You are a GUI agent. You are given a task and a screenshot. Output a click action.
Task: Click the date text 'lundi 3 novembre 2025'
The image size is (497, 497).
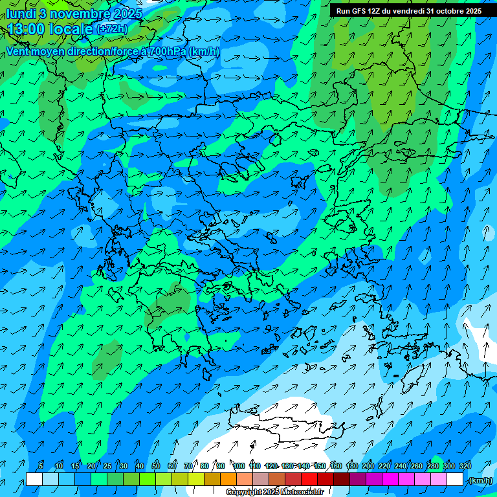74,13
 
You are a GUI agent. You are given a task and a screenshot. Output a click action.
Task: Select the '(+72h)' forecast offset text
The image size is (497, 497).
112,29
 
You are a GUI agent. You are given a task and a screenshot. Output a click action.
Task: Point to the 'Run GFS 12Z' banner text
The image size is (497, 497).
357,11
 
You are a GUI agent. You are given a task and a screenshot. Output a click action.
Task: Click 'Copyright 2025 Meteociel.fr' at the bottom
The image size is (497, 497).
275,492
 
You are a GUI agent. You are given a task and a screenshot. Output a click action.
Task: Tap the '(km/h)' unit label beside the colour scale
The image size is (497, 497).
480,480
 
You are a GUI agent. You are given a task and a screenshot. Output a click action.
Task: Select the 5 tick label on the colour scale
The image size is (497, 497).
42,466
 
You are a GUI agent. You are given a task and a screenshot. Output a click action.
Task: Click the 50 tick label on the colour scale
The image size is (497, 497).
156,466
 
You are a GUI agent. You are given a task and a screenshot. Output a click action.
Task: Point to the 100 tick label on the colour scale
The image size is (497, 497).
239,466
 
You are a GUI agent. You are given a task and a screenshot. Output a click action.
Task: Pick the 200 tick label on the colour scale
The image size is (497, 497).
368,466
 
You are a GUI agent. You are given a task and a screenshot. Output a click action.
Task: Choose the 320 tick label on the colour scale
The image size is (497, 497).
465,466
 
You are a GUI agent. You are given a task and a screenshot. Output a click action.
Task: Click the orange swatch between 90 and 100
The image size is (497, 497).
228,480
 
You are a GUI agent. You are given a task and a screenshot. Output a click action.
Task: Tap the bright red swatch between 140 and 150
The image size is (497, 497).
309,480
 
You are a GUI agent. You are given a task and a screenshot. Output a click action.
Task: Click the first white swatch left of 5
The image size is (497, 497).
34,480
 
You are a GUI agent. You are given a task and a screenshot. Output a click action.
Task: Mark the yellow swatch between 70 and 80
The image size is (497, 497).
196,480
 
